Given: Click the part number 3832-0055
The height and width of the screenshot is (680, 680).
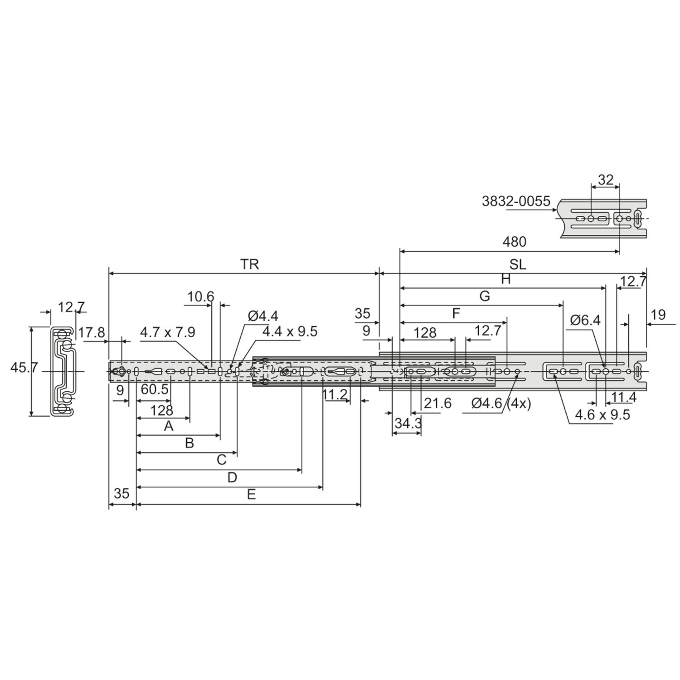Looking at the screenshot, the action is pyautogui.click(x=516, y=201).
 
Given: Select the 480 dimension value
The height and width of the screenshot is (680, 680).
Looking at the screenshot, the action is pyautogui.click(x=515, y=242).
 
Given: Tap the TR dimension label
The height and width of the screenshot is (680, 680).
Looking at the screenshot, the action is pyautogui.click(x=250, y=264).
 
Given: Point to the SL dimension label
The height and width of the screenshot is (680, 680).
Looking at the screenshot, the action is pyautogui.click(x=518, y=265).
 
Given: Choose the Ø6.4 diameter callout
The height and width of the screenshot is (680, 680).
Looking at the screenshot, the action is pyautogui.click(x=585, y=321).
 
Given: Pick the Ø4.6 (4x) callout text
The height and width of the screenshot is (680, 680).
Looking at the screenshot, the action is pyautogui.click(x=501, y=403).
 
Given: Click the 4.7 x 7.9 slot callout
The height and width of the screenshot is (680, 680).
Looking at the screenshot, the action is pyautogui.click(x=168, y=332).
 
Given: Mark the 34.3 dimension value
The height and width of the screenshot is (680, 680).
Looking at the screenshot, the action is pyautogui.click(x=408, y=423).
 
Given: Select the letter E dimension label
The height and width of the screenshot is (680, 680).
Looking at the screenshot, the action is pyautogui.click(x=251, y=495).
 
